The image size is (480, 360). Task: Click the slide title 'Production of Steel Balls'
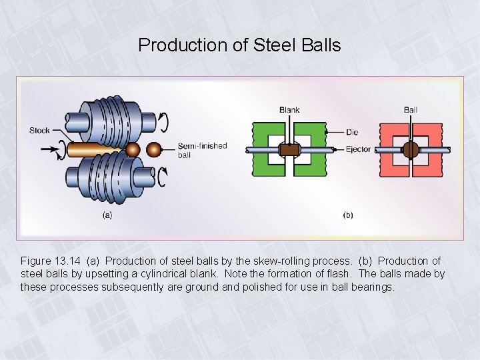pyautogui.click(x=239, y=45)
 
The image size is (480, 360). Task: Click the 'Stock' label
pyautogui.click(x=39, y=131)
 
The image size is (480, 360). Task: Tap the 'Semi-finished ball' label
pyautogui.click(x=202, y=150)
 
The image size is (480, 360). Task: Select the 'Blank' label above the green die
pyautogui.click(x=289, y=110)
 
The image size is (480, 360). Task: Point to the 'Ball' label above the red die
pyautogui.click(x=411, y=110)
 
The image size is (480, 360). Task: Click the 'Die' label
pyautogui.click(x=353, y=133)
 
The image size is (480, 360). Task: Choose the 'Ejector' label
pyautogui.click(x=359, y=149)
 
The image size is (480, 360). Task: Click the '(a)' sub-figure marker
pyautogui.click(x=107, y=215)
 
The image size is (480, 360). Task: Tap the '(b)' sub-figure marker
pyautogui.click(x=347, y=215)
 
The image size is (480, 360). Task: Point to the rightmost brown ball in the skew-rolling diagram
pyautogui.click(x=154, y=148)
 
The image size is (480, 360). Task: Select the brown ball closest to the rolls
pyautogui.click(x=133, y=149)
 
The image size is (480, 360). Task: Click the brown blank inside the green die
pyautogui.click(x=289, y=150)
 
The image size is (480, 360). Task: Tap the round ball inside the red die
pyautogui.click(x=410, y=149)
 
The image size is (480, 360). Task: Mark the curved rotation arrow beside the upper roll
pyautogui.click(x=162, y=123)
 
